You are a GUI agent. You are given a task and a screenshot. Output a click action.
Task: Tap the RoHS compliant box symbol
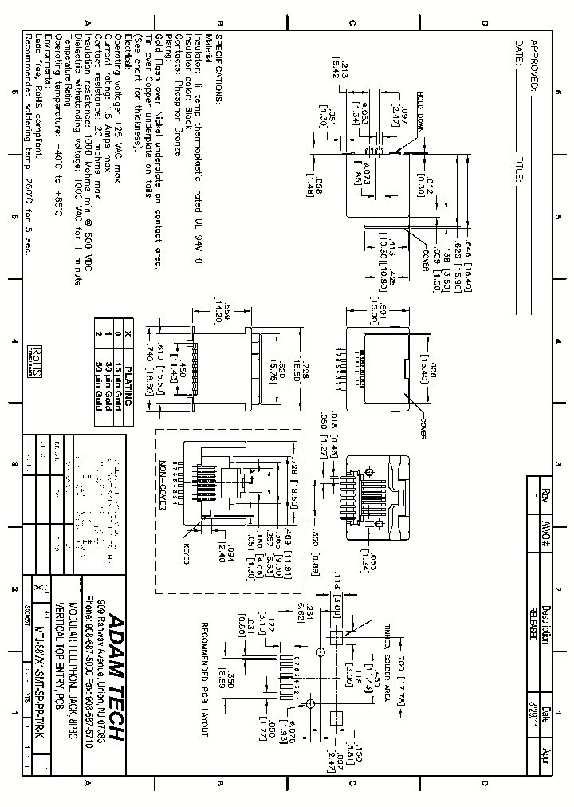click(x=36, y=360)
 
